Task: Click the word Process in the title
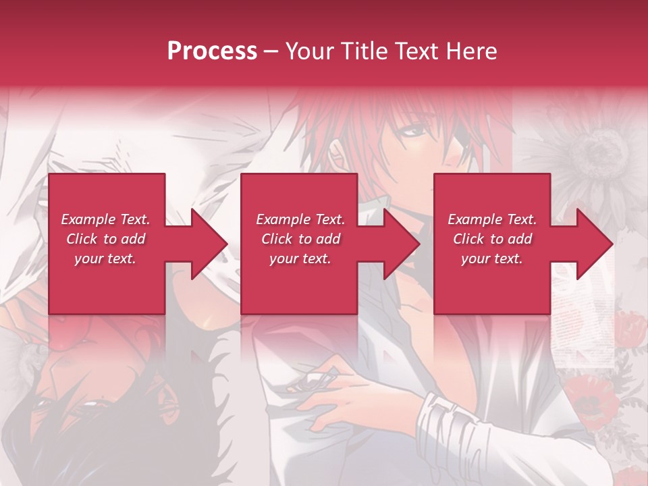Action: tap(212, 51)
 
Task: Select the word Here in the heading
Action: tap(471, 51)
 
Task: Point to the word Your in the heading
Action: tap(310, 51)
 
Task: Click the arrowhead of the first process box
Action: tap(205, 244)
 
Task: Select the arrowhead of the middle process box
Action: tap(398, 244)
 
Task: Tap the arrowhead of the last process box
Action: tap(591, 244)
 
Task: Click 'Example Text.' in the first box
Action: tap(105, 219)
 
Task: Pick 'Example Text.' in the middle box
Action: tap(300, 219)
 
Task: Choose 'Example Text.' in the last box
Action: tap(492, 219)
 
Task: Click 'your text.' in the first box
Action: tap(105, 259)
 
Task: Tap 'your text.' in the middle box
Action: tap(300, 259)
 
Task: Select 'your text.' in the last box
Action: tap(492, 259)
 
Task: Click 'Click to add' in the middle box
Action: tap(300, 239)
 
